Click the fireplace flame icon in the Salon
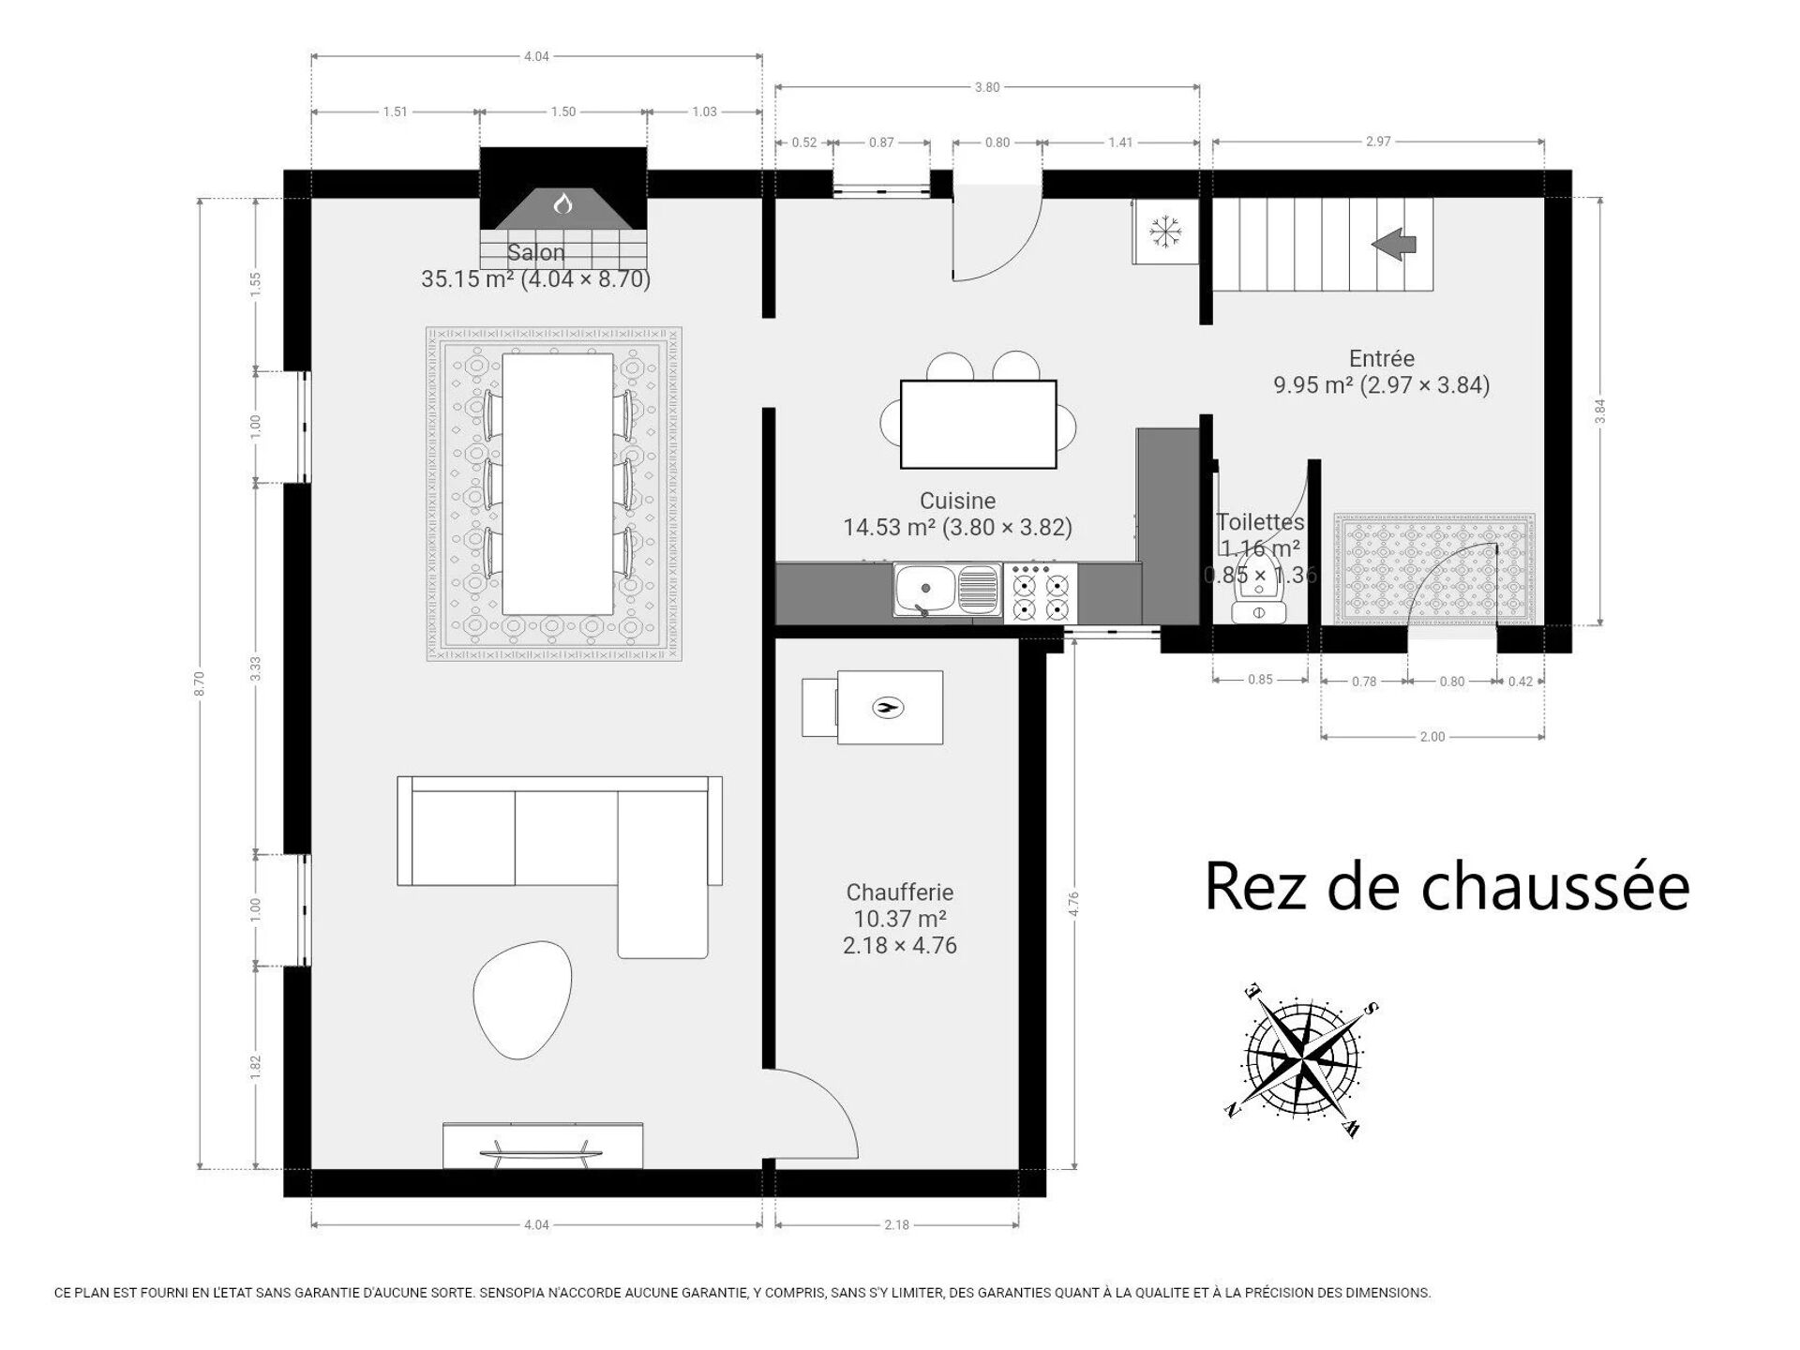pos(562,202)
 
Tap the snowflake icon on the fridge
pos(1165,231)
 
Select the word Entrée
pos(1381,358)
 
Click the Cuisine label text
pos(957,501)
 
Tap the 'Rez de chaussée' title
pos(1447,886)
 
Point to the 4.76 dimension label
pos(1073,903)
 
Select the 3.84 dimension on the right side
pos(1600,412)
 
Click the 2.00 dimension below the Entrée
pos(1432,737)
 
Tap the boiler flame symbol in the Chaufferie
pos(888,708)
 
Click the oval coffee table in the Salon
pos(522,999)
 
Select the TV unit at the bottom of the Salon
pos(543,1145)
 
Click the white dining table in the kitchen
pos(978,424)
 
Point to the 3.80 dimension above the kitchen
pos(986,87)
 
